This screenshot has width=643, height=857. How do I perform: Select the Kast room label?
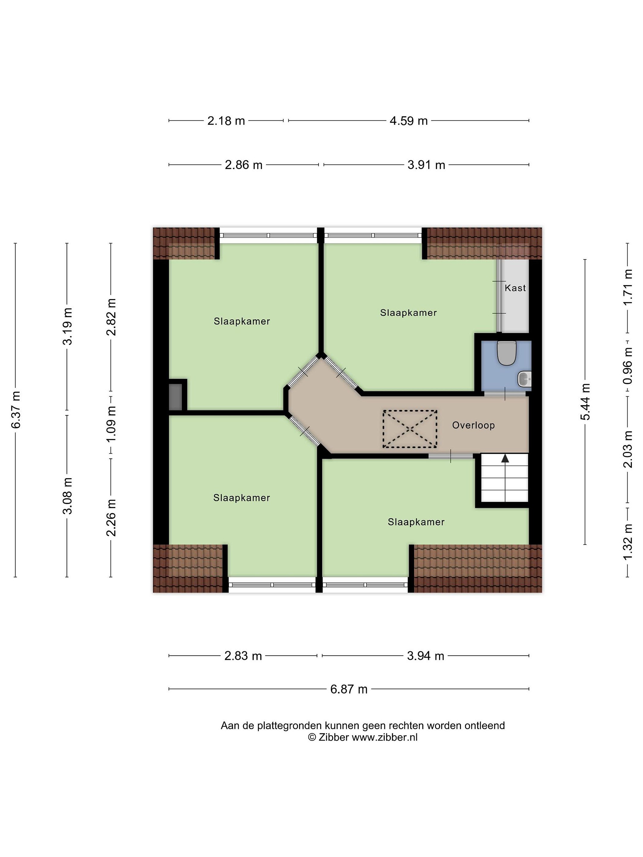click(515, 288)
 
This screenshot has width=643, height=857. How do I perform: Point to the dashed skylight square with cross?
click(410, 429)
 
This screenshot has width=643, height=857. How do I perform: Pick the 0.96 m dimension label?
click(628, 365)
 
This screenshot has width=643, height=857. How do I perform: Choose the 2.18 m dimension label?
click(226, 121)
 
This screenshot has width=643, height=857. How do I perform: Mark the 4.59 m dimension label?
click(408, 121)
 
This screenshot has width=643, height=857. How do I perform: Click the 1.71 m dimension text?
click(628, 287)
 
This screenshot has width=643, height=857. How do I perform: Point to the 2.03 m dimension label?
click(628, 449)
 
